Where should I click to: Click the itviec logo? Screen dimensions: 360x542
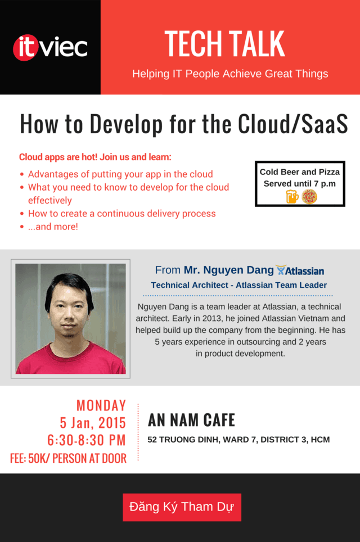(50, 47)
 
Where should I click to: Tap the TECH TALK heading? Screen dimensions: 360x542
(225, 43)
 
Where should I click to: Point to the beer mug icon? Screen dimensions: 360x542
(292, 197)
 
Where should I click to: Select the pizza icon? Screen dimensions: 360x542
(309, 197)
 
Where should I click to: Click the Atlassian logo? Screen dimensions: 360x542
(300, 270)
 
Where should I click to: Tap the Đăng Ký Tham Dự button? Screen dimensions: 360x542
(182, 507)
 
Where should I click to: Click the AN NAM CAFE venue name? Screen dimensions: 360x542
(192, 421)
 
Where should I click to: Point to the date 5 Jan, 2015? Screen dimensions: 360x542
(93, 423)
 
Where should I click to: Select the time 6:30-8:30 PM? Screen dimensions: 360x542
(87, 440)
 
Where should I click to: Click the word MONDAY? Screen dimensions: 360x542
(101, 405)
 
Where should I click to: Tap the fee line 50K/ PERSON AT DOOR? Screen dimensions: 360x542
(68, 458)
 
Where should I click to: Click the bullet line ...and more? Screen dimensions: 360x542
(53, 227)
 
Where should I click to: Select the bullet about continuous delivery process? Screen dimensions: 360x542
(121, 214)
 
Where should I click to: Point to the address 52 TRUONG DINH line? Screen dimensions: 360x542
(238, 440)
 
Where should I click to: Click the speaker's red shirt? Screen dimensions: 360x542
(71, 359)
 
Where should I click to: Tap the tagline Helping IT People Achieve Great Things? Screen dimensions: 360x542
(230, 74)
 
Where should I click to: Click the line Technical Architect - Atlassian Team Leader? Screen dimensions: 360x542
(239, 285)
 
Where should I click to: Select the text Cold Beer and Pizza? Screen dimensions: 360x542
(300, 172)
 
